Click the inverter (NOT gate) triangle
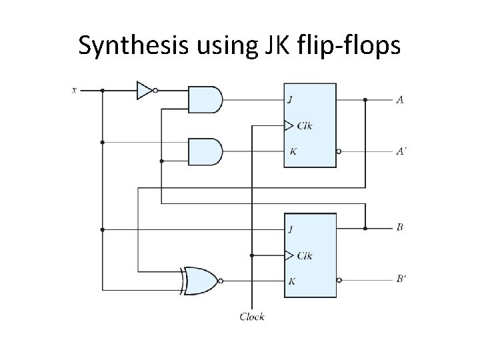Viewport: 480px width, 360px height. point(144,90)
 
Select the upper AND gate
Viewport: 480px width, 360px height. point(204,99)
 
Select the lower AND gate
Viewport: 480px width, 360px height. point(204,151)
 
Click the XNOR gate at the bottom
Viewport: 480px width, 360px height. point(199,281)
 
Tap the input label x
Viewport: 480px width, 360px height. point(75,90)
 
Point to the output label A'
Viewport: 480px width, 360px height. point(401,151)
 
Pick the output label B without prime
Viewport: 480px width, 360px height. point(399,228)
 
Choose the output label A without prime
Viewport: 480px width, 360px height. point(399,100)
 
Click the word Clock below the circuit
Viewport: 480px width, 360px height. point(252,317)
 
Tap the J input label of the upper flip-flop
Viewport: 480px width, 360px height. point(290,101)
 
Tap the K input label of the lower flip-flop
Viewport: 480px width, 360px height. point(291,281)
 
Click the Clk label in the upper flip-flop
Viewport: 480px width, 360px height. point(306,125)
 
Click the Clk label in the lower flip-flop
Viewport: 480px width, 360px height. point(306,255)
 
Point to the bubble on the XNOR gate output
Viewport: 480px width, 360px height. point(221,281)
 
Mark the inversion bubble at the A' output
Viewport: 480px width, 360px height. point(339,151)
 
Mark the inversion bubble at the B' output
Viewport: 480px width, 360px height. point(339,280)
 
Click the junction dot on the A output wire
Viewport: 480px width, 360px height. point(365,100)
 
